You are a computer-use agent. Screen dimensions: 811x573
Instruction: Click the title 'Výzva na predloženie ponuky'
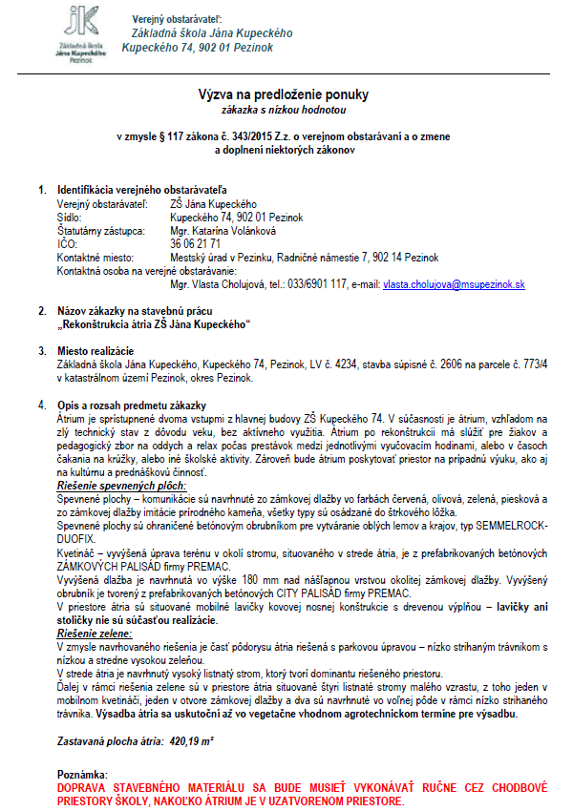[x=283, y=94]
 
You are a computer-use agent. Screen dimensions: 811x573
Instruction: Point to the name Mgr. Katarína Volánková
[x=221, y=231]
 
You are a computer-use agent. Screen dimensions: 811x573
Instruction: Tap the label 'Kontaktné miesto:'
[x=95, y=258]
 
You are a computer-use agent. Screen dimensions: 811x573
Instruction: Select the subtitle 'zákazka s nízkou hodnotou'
[x=283, y=110]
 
